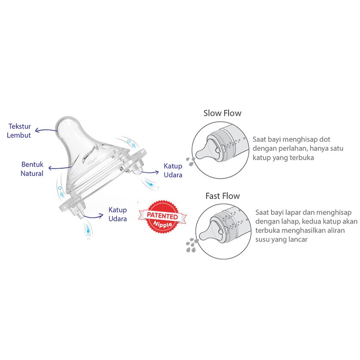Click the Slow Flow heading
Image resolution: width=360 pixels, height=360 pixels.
point(222,113)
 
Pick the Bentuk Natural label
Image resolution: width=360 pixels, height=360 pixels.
point(33,169)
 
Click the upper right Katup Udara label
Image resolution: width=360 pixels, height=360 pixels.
point(173,170)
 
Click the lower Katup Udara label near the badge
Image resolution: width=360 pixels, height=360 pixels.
point(117,214)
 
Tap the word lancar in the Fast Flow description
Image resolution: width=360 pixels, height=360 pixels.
point(296,239)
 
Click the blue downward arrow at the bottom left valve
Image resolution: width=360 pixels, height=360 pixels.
point(88,229)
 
